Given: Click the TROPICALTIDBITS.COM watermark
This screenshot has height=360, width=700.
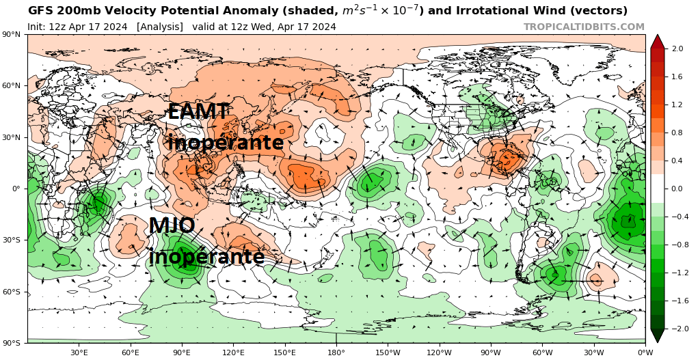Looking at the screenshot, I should click(x=584, y=27).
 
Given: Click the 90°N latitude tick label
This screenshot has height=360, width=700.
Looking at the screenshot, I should click(x=10, y=35).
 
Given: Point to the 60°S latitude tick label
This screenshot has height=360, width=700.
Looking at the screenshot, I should click(x=10, y=292).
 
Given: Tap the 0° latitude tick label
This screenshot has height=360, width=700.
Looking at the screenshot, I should click(x=15, y=189).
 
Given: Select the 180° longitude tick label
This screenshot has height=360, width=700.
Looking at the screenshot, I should click(x=336, y=352).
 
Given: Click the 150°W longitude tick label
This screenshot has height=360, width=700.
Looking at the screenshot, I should click(x=387, y=352).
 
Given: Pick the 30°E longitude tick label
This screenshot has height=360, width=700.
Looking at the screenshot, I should click(x=79, y=352).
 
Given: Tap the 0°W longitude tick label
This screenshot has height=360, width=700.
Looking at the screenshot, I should click(x=645, y=352).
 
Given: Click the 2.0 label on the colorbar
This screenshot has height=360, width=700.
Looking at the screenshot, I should click(x=678, y=49).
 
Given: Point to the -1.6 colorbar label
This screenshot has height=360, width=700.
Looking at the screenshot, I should click(x=677, y=301).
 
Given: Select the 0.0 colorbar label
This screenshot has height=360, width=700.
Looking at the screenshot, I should click(x=678, y=189).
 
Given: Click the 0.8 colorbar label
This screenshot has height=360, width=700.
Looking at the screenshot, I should click(x=678, y=133).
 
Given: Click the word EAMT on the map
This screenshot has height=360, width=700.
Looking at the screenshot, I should click(x=198, y=112).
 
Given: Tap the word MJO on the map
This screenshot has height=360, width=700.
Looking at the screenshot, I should click(x=172, y=226).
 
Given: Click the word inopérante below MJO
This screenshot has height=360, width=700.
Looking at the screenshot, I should click(x=206, y=257).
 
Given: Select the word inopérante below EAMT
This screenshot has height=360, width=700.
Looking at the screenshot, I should click(x=226, y=143).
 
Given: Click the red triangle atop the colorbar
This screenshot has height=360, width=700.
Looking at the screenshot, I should click(x=657, y=41).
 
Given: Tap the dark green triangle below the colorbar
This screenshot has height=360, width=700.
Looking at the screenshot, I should click(x=657, y=335).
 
